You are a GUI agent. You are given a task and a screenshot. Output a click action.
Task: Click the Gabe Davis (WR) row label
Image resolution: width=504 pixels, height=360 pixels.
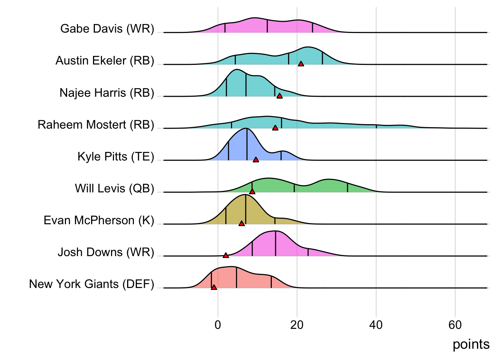click(x=107, y=29)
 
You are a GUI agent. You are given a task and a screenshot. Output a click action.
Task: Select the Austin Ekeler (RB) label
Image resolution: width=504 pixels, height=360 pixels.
click(x=105, y=61)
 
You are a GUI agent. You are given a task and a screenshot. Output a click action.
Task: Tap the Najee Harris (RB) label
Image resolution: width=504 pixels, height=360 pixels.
click(x=107, y=93)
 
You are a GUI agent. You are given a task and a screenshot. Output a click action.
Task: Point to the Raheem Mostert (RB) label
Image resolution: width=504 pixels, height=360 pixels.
click(x=96, y=124)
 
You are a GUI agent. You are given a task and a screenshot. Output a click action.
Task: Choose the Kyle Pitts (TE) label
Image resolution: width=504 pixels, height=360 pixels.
click(x=116, y=156)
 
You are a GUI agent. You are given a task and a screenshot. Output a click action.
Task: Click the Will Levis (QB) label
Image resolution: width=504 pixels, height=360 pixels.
click(x=114, y=188)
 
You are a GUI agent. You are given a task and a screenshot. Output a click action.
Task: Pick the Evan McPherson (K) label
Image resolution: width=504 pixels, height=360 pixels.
click(x=99, y=220)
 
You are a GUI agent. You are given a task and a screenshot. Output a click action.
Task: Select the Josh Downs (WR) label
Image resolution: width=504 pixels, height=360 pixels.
click(x=106, y=252)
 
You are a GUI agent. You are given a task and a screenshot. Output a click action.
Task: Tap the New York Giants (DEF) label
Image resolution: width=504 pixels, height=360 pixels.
click(x=91, y=284)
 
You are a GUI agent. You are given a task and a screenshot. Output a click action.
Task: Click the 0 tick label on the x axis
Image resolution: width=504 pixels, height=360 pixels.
click(x=218, y=325)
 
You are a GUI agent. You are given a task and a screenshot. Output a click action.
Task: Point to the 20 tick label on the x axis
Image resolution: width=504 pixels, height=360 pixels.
click(x=297, y=325)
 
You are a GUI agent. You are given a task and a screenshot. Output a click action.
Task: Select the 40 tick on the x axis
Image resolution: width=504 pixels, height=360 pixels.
click(x=376, y=325)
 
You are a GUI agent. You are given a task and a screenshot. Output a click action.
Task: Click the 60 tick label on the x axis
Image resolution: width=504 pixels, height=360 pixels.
click(x=455, y=325)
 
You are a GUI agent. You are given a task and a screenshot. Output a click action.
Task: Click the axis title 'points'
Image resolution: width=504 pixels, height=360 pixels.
click(x=471, y=344)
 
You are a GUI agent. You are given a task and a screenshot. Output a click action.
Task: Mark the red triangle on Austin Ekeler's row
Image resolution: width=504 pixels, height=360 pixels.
click(x=301, y=64)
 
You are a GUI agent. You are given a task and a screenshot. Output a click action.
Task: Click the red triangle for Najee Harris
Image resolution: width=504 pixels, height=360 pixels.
click(x=279, y=96)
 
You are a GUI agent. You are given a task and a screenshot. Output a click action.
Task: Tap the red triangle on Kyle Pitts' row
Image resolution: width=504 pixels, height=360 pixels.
click(x=256, y=160)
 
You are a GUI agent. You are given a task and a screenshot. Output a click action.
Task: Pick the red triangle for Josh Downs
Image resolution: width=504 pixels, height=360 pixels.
click(x=226, y=255)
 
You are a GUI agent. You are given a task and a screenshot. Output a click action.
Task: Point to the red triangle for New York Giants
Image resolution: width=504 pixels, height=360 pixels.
click(x=214, y=287)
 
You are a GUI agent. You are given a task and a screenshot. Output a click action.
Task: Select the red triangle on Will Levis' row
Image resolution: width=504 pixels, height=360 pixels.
click(x=252, y=192)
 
